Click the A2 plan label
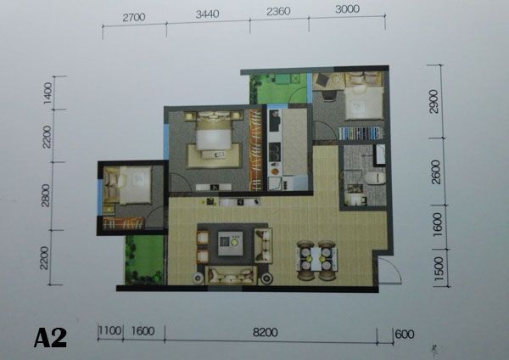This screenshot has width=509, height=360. click(50, 338)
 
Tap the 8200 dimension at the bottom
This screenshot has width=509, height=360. click(266, 333)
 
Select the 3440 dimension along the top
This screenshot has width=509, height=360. click(208, 14)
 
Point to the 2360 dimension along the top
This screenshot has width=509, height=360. click(278, 12)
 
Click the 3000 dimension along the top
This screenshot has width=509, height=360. click(347, 9)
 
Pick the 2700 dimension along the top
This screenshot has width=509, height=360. click(134, 17)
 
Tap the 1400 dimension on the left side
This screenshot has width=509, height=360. click(48, 93)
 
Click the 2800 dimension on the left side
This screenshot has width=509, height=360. click(46, 195)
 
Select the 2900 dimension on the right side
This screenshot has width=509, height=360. click(433, 102)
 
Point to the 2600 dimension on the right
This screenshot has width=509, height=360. click(436, 172)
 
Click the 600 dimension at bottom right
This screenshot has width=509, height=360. click(405, 335)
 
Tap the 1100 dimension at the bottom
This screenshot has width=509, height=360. click(110, 331)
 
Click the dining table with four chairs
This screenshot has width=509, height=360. click(316, 260)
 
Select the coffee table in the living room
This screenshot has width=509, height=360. click(231, 243)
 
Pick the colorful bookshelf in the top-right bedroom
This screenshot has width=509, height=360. click(361, 133)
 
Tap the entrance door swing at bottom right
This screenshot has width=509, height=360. click(390, 271)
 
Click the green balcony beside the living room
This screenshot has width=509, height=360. click(144, 260)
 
